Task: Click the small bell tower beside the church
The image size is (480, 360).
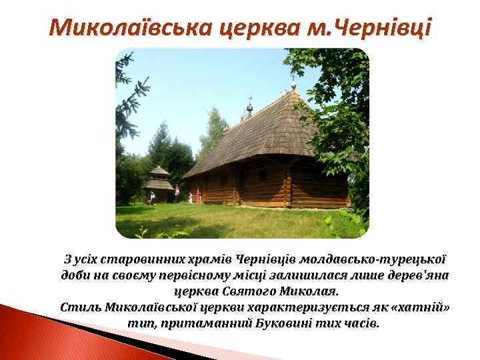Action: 159,183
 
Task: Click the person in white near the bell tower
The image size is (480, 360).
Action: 153,197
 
